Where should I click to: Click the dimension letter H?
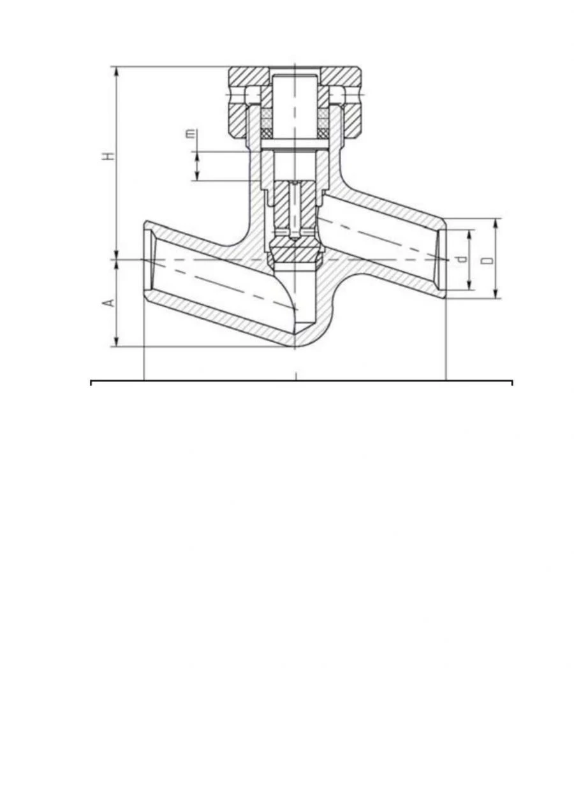click(110, 155)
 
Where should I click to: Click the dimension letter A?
click(110, 301)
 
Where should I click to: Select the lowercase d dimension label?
click(463, 259)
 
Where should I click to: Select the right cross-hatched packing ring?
click(323, 122)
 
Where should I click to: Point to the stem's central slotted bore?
click(295, 210)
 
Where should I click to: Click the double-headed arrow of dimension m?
click(197, 166)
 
